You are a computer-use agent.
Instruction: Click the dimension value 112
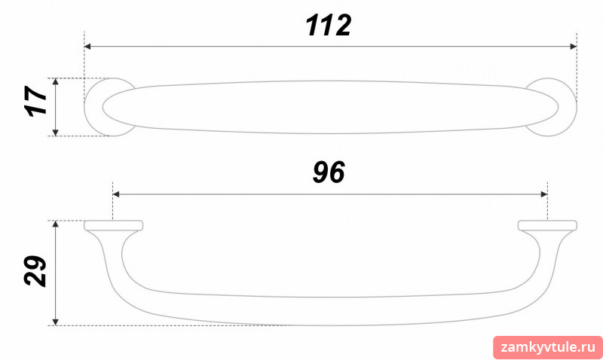pyautogui.click(x=328, y=26)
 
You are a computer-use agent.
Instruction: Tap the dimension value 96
pyautogui.click(x=329, y=172)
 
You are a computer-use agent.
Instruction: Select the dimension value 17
pyautogui.click(x=35, y=101)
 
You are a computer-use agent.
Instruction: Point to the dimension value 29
pyautogui.click(x=35, y=271)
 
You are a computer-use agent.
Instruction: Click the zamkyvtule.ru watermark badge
pyautogui.click(x=548, y=348)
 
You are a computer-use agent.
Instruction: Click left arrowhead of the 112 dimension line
pyautogui.click(x=87, y=47)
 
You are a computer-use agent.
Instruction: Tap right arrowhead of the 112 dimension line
pyautogui.click(x=574, y=47)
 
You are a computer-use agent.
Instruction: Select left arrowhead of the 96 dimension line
pyautogui.click(x=116, y=194)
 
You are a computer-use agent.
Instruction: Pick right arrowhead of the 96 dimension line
pyautogui.click(x=544, y=194)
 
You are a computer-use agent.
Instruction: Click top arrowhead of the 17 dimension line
pyautogui.click(x=55, y=81)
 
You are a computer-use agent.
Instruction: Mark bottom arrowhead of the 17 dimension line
pyautogui.click(x=55, y=133)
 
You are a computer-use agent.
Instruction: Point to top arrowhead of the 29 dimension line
pyautogui.click(x=55, y=224)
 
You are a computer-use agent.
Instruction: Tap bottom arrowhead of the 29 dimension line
pyautogui.click(x=55, y=322)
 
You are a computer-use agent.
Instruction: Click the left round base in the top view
pyautogui.click(x=93, y=107)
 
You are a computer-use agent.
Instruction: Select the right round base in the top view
pyautogui.click(x=568, y=107)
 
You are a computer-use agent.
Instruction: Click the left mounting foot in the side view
pyautogui.click(x=114, y=225)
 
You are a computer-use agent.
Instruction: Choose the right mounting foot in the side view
pyautogui.click(x=547, y=225)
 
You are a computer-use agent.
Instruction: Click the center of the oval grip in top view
pyautogui.click(x=330, y=107)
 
